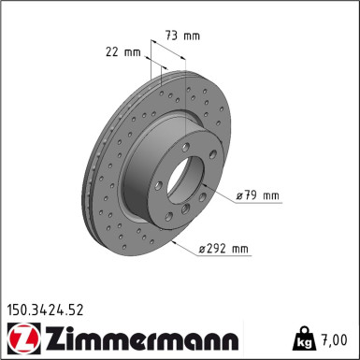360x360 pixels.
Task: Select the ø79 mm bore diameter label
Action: (258, 195)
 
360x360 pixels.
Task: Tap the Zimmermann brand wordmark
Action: (138, 336)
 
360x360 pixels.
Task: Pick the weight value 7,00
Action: (338, 338)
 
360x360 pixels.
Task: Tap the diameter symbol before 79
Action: (240, 195)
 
